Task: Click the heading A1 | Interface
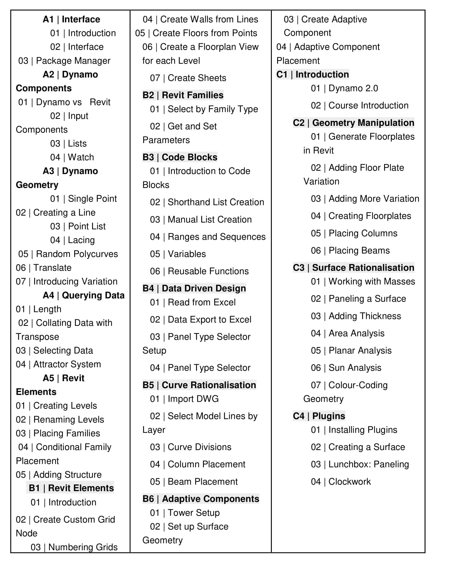tap(71, 19)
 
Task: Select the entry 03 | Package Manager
tap(64, 61)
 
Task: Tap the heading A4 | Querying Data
tap(83, 295)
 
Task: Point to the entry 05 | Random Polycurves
tap(68, 254)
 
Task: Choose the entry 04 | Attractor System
tap(58, 364)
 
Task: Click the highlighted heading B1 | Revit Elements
tap(71, 488)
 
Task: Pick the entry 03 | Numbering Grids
tap(74, 547)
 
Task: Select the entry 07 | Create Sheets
tap(188, 78)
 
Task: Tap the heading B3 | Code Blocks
tap(180, 157)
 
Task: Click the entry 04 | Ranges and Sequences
tap(208, 237)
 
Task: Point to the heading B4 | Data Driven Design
tap(194, 288)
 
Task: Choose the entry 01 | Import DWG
tap(184, 399)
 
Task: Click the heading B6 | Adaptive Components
tap(201, 499)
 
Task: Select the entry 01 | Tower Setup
tap(185, 513)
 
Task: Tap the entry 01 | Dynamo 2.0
tap(344, 88)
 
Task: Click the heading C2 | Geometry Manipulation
tap(353, 123)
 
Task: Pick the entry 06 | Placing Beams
tap(350, 250)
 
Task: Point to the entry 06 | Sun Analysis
tap(346, 368)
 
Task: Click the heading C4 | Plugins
tap(319, 416)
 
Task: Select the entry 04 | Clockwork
tap(341, 482)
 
